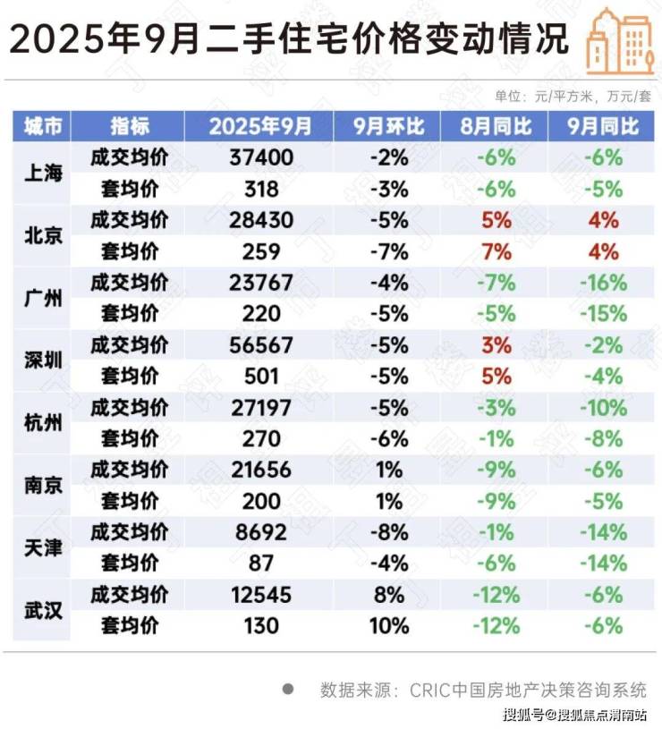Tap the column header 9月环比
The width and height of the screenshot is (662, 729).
pyautogui.click(x=388, y=126)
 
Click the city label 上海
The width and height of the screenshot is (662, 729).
pyautogui.click(x=42, y=174)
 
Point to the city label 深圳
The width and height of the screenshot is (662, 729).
pyautogui.click(x=42, y=360)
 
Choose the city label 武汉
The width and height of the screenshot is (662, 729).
pyautogui.click(x=42, y=610)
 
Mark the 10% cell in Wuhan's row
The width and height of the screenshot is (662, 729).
pyautogui.click(x=388, y=626)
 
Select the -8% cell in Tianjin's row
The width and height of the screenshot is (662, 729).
pyautogui.click(x=388, y=532)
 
